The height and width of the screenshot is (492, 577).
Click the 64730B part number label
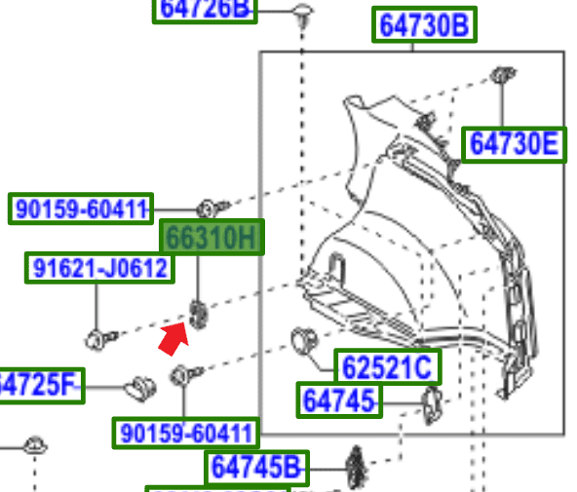(425, 26)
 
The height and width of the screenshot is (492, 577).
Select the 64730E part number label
(514, 144)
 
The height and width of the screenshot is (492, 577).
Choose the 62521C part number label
(387, 367)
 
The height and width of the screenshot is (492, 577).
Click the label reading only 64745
(339, 400)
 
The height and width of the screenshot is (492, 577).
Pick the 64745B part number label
(256, 468)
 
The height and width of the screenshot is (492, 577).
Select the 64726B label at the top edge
(205, 10)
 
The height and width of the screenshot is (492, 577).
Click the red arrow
(173, 339)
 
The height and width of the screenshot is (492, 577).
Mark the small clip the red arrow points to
(199, 314)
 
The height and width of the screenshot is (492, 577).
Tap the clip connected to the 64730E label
(503, 73)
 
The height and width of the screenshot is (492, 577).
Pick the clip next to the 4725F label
(138, 388)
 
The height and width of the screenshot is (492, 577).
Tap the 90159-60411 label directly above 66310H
(81, 208)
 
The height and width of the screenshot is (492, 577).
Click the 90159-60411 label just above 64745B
(186, 433)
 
